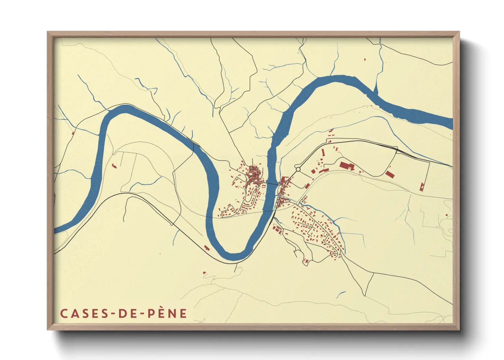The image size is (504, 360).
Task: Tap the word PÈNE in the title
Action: pyautogui.click(x=167, y=313)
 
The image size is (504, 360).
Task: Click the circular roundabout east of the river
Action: pyautogui.click(x=298, y=169)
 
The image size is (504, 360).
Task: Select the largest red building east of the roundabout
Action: pyautogui.click(x=347, y=166)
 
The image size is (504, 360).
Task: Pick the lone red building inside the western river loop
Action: pyautogui.click(x=114, y=166)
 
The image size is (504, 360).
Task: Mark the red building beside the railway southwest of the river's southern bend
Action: pyautogui.click(x=206, y=247)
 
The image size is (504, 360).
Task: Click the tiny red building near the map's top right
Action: pyautogui.click(x=365, y=60)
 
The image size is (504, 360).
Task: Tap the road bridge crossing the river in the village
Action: pyautogui.click(x=272, y=184)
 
